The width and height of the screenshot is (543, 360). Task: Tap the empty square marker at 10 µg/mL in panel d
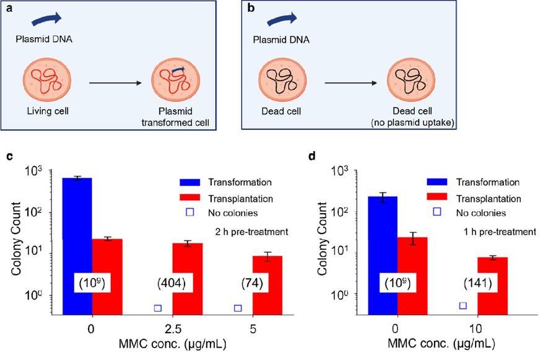pyautogui.click(x=463, y=305)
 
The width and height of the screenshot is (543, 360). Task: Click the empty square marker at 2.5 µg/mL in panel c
pyautogui.click(x=157, y=308)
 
